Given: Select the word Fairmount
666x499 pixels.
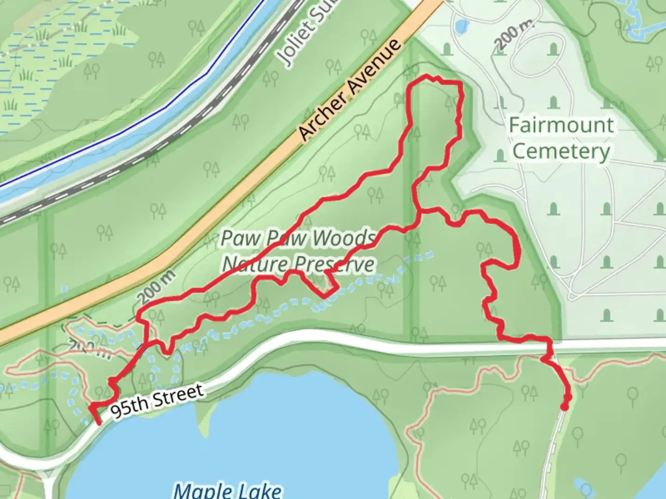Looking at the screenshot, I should coord(561,125).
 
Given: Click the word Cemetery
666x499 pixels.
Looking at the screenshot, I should coord(561,151).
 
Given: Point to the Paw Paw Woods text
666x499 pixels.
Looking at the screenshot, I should coord(298,238).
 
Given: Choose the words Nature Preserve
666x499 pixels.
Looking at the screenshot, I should coord(298,264).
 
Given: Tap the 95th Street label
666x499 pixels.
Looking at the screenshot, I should coord(157,400).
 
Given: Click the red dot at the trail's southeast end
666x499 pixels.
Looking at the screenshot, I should coord(565,407).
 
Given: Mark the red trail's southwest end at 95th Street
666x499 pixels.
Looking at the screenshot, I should coord(98,422).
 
